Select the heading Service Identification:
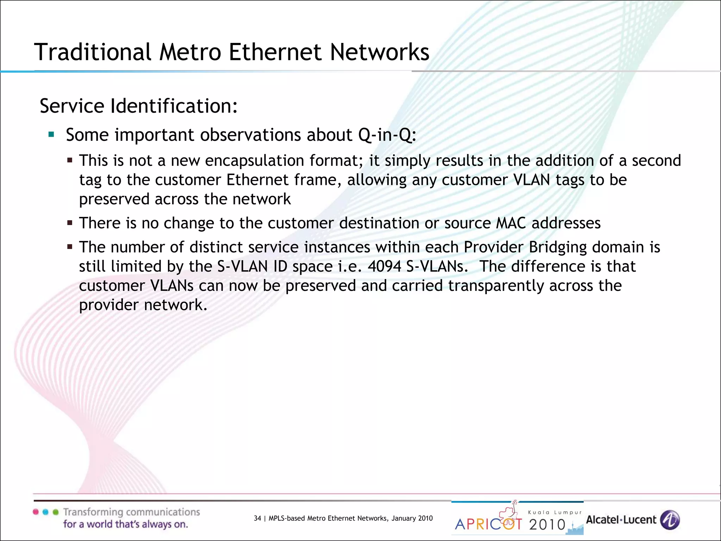click(x=139, y=106)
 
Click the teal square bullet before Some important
click(x=51, y=134)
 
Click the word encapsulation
click(x=255, y=161)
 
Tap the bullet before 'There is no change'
click(x=70, y=223)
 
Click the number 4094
click(x=384, y=266)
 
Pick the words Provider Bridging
click(x=524, y=247)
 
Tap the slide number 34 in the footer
click(x=257, y=518)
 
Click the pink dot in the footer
click(x=36, y=512)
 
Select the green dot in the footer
click(x=55, y=512)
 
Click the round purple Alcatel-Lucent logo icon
click(x=670, y=520)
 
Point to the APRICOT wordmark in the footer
click(x=488, y=524)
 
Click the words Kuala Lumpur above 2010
click(x=555, y=512)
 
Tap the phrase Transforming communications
click(x=131, y=512)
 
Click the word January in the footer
click(x=404, y=518)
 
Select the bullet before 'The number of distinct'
click(x=70, y=247)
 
